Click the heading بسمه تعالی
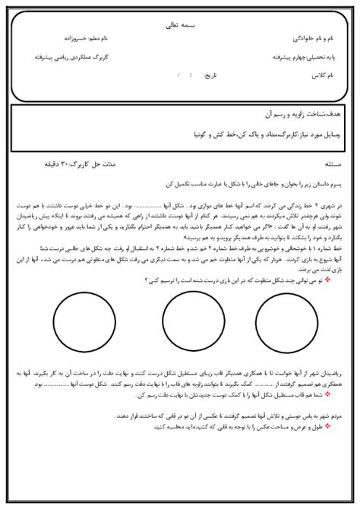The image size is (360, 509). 180,25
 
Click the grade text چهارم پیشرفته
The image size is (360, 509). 269,57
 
